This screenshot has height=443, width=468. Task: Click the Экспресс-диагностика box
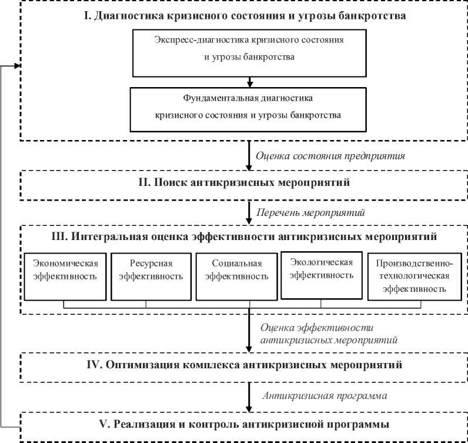click(x=249, y=50)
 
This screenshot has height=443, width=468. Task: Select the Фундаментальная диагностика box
click(x=249, y=109)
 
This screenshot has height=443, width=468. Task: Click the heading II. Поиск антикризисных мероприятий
click(x=244, y=183)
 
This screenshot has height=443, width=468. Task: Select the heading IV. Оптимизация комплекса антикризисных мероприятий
click(x=244, y=365)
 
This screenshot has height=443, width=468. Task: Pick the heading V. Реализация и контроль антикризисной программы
click(x=244, y=424)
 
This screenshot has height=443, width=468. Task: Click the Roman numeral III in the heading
click(x=60, y=237)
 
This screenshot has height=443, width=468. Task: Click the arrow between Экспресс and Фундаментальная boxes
click(x=249, y=82)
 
